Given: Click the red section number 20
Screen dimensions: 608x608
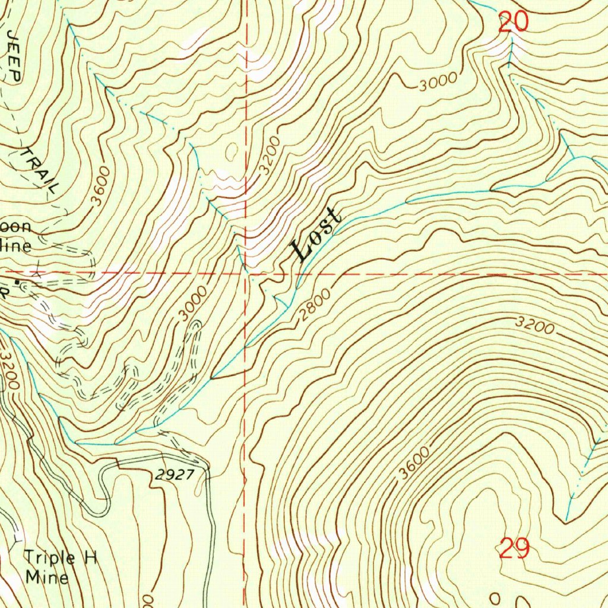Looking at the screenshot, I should click(x=513, y=23).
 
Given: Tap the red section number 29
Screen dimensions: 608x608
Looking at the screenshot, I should click(x=514, y=549).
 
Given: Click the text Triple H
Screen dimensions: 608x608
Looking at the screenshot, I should click(x=60, y=558).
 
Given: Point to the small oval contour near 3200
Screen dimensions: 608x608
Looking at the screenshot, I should click(x=231, y=151).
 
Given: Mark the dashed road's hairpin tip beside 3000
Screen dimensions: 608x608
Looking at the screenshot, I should click(x=196, y=324).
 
